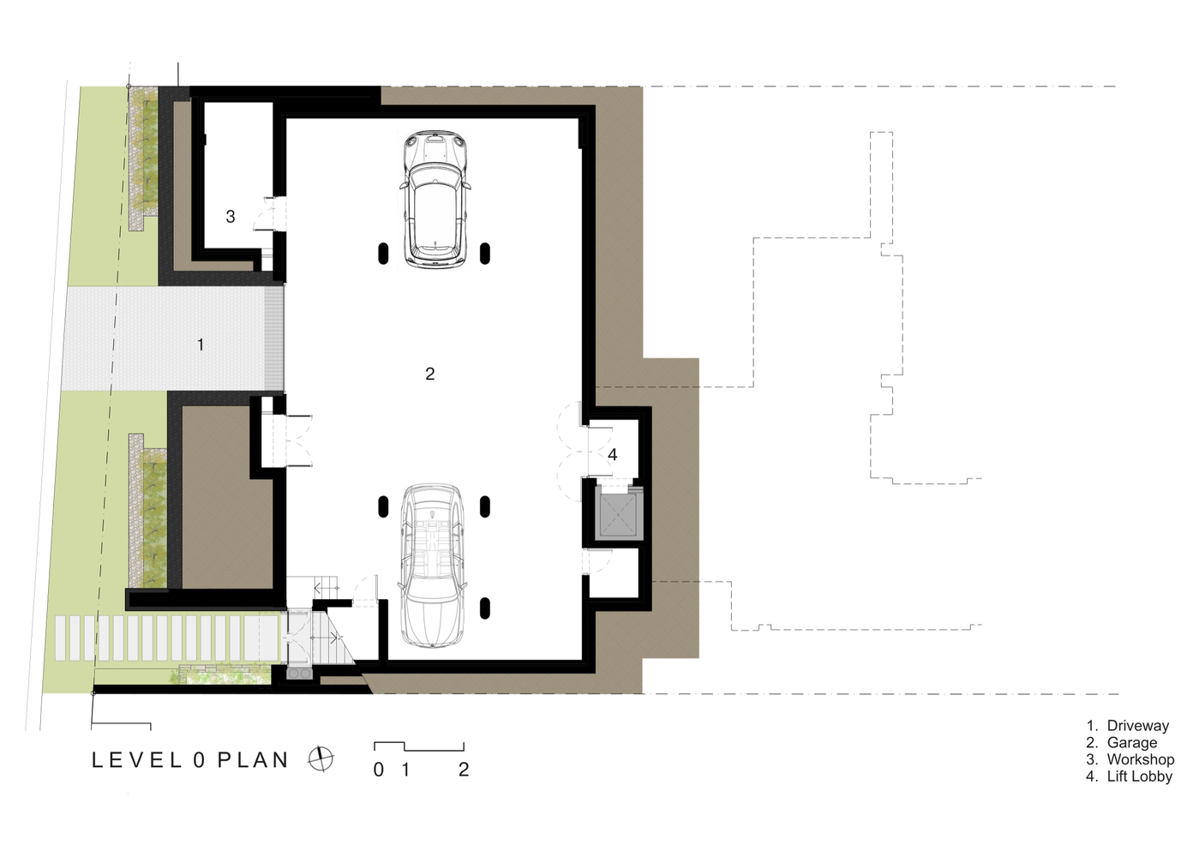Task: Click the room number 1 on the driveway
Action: pyautogui.click(x=201, y=345)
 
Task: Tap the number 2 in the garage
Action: pyautogui.click(x=429, y=374)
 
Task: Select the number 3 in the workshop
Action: pyautogui.click(x=230, y=216)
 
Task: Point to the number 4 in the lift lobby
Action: pyautogui.click(x=613, y=454)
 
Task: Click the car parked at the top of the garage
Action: pyautogui.click(x=435, y=200)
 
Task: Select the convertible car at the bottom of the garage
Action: pyautogui.click(x=432, y=566)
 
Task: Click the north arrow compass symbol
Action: pyautogui.click(x=321, y=759)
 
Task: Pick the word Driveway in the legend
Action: pyautogui.click(x=1138, y=725)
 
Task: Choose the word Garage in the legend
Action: pyautogui.click(x=1132, y=742)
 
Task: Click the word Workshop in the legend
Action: pyautogui.click(x=1141, y=759)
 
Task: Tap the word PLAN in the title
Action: pyautogui.click(x=253, y=760)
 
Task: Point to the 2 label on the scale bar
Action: pyautogui.click(x=464, y=770)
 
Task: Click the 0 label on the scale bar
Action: pyautogui.click(x=378, y=770)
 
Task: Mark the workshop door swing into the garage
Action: pyautogui.click(x=269, y=213)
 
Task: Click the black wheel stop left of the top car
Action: pyautogui.click(x=383, y=254)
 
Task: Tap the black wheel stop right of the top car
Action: pyautogui.click(x=485, y=254)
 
